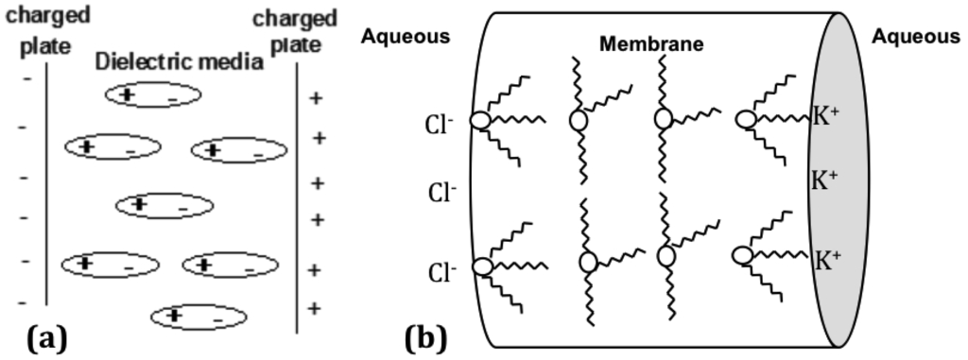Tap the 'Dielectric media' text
[x=179, y=63]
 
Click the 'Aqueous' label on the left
[x=405, y=36]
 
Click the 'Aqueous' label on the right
[x=915, y=36]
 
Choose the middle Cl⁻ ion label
[x=441, y=194]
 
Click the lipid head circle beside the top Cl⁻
[x=482, y=121]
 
